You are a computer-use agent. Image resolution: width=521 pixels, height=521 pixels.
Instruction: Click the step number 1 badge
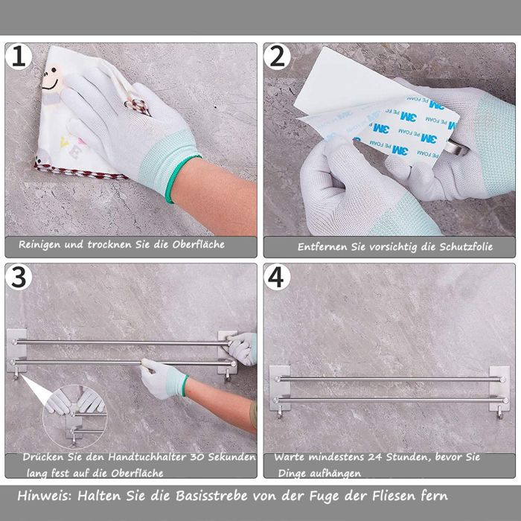[x=19, y=57]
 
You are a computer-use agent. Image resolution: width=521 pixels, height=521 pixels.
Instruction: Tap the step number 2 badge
[x=277, y=57]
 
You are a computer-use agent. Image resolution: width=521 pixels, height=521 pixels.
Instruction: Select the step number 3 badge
[x=19, y=277]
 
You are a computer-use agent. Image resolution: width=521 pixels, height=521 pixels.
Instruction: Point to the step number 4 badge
[x=277, y=277]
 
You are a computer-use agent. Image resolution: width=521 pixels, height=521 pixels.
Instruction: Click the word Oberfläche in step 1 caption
[x=199, y=245]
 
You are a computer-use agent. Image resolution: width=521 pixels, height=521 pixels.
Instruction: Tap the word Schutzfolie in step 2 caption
[x=466, y=247]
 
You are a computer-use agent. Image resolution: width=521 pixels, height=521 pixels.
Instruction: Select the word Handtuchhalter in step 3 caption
[x=147, y=457]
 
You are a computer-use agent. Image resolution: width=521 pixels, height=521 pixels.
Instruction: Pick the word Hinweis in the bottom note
[x=45, y=496]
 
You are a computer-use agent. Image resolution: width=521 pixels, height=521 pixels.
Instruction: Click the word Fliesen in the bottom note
[x=393, y=496]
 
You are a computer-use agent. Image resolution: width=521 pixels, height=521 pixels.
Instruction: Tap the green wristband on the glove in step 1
[x=182, y=179]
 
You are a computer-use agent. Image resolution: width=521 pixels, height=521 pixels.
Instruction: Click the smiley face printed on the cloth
[x=51, y=79]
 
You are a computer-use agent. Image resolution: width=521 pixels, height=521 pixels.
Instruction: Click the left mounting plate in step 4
[x=280, y=388]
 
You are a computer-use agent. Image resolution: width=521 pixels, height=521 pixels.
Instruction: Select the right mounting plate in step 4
[x=499, y=388]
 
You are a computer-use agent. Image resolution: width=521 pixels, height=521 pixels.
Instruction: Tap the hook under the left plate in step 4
[x=280, y=414]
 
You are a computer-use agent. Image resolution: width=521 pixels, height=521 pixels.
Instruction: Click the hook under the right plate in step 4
[x=499, y=415]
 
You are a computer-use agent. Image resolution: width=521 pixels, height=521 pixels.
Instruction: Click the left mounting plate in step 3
[x=16, y=351]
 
